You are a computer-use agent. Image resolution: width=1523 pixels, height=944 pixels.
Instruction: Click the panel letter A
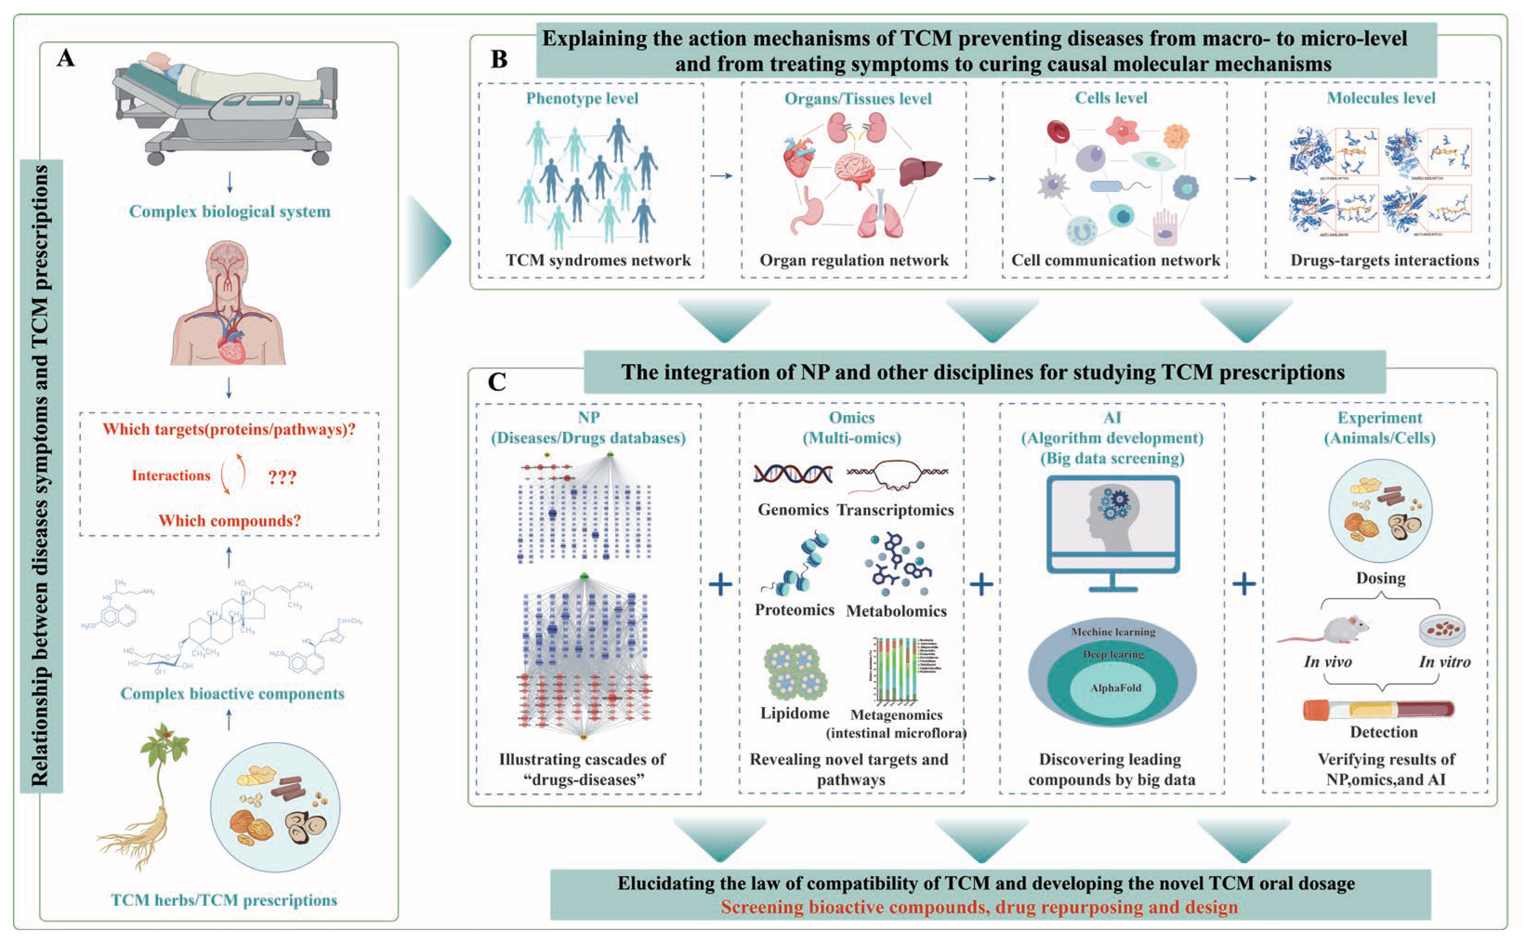pyautogui.click(x=66, y=58)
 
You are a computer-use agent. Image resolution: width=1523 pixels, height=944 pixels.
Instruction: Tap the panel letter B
pyautogui.click(x=499, y=59)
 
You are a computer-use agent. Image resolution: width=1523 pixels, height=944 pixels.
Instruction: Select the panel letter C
pyautogui.click(x=496, y=382)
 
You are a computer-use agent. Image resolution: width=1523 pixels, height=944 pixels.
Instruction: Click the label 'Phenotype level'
pyautogui.click(x=582, y=98)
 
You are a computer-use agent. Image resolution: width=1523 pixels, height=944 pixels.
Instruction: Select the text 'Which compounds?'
pyautogui.click(x=229, y=521)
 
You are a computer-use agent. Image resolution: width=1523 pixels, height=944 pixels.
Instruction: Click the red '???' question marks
pyautogui.click(x=282, y=478)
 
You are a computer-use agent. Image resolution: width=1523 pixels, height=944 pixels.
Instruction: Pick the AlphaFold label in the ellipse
pyautogui.click(x=1116, y=688)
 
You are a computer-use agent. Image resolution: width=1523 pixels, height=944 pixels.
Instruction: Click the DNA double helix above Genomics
pyautogui.click(x=792, y=475)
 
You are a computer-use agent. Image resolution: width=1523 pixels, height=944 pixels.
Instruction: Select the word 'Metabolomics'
pyautogui.click(x=896, y=611)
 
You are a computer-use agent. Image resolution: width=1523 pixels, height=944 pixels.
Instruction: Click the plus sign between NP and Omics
pyautogui.click(x=721, y=584)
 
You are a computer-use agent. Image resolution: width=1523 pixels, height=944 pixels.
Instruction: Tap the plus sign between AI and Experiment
pyautogui.click(x=1243, y=584)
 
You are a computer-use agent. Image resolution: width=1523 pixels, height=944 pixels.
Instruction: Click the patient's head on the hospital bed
pyautogui.click(x=159, y=59)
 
